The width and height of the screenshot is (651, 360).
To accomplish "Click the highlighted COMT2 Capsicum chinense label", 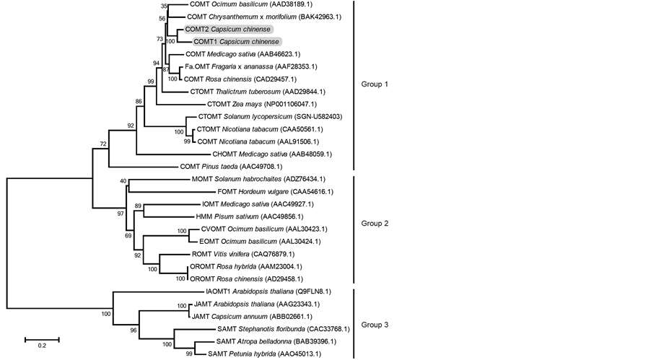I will point(227,30).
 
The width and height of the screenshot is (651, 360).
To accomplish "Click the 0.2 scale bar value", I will point(42,346).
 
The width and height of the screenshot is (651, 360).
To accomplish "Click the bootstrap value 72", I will point(103,144).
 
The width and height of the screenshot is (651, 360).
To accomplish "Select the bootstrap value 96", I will point(133,330).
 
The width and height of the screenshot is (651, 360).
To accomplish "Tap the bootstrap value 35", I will point(163,6).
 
